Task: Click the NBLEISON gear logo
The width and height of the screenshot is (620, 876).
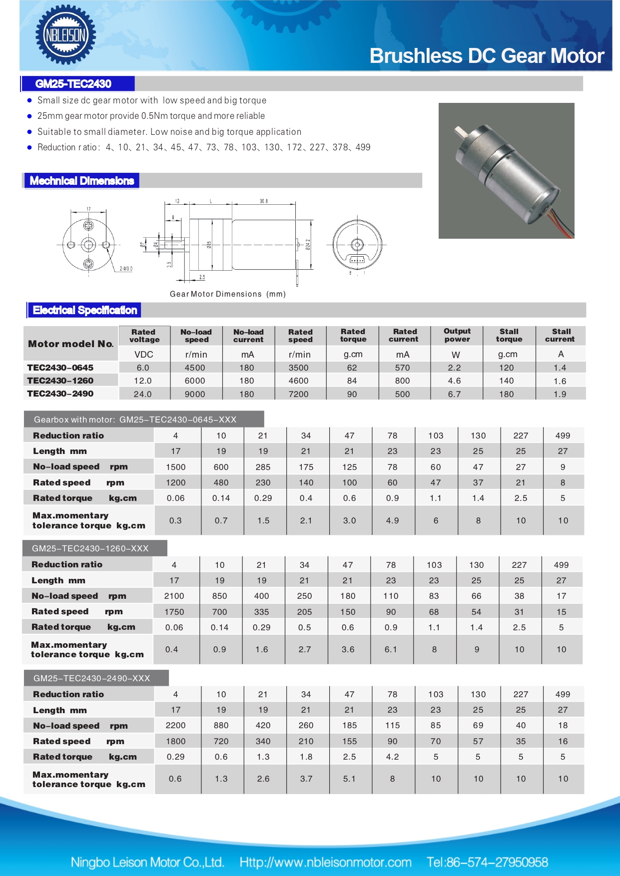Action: (65, 35)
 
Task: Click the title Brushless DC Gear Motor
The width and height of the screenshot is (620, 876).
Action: (487, 56)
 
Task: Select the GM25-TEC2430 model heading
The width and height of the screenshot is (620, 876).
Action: (73, 84)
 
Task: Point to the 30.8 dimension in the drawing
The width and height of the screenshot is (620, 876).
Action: (263, 201)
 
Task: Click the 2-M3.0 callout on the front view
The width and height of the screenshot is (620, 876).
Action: (126, 269)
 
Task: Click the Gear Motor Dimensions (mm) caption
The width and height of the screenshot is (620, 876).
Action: (227, 294)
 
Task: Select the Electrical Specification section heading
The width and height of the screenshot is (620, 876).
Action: (84, 310)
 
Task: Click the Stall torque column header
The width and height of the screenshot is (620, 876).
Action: (509, 335)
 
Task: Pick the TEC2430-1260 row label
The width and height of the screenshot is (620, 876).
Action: (60, 381)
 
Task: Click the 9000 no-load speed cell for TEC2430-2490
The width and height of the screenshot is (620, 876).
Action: (195, 394)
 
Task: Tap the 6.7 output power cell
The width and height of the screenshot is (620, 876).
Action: (454, 394)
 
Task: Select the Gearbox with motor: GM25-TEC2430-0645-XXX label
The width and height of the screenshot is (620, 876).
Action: (135, 420)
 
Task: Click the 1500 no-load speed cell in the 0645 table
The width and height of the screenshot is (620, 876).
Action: (175, 467)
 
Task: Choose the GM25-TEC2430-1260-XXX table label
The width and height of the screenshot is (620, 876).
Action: (90, 548)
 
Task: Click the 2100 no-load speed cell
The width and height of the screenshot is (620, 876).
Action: (174, 596)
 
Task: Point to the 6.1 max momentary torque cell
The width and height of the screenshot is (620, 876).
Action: (391, 649)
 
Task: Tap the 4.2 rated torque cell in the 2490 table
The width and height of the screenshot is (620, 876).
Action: (392, 757)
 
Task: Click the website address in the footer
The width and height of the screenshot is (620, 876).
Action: (325, 863)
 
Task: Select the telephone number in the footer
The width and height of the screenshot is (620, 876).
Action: (487, 863)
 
